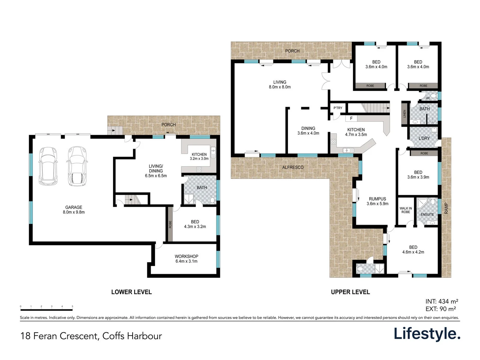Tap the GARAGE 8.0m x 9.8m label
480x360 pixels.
(x=74, y=210)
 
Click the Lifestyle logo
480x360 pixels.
(x=427, y=334)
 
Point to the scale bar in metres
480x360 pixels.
(x=46, y=310)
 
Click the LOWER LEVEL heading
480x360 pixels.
(x=131, y=292)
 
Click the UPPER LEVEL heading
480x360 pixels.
(x=350, y=292)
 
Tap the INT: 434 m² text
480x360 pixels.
(x=442, y=301)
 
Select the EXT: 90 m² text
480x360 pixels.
(x=441, y=309)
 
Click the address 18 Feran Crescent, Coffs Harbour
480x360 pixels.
(x=91, y=336)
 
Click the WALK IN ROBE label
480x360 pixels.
(x=406, y=210)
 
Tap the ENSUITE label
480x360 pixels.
(x=427, y=214)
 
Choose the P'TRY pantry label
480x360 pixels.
(x=338, y=108)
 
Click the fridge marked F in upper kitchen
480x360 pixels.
(x=351, y=118)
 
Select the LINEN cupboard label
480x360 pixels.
(x=405, y=114)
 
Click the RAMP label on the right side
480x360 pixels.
(x=446, y=208)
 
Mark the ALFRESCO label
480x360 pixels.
(x=293, y=167)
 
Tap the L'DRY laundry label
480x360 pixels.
(x=424, y=138)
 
